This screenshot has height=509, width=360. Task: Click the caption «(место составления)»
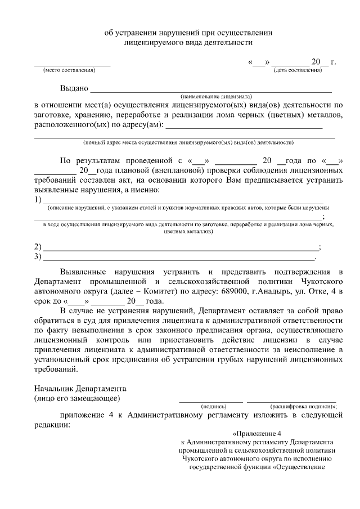coord(69,70)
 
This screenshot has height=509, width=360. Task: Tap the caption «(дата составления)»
coord(298,70)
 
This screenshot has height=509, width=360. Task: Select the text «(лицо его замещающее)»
coord(76,398)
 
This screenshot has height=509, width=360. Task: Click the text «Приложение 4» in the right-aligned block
coord(256,434)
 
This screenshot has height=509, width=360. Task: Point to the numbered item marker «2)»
coord(38,247)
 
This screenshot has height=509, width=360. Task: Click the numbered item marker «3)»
coord(38,257)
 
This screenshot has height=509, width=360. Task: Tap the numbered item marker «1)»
coord(38,200)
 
